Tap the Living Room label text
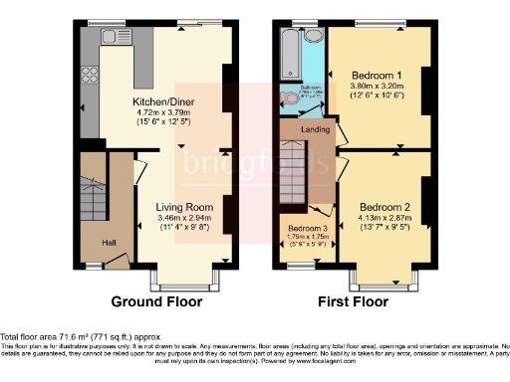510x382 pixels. click(179, 206)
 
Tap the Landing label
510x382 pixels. click(316, 129)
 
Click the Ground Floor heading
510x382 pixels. click(156, 301)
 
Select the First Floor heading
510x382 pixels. click(354, 301)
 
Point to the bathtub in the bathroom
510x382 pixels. click(288, 55)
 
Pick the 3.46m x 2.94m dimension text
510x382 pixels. click(179, 217)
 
